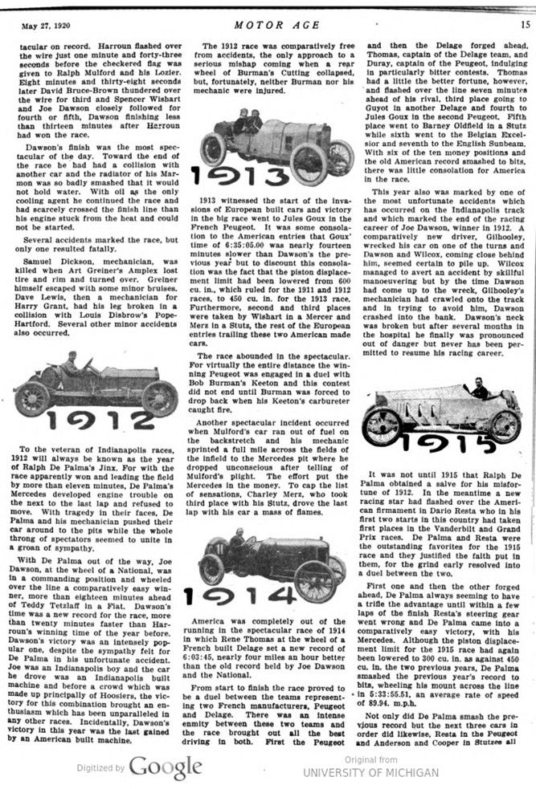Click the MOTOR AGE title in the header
[x=268, y=22]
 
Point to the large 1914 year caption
[x=239, y=595]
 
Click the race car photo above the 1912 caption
[x=95, y=385]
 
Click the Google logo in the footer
[x=165, y=767]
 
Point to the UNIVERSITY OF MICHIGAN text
[x=370, y=772]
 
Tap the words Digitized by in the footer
[x=100, y=769]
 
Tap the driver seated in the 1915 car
[x=481, y=392]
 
